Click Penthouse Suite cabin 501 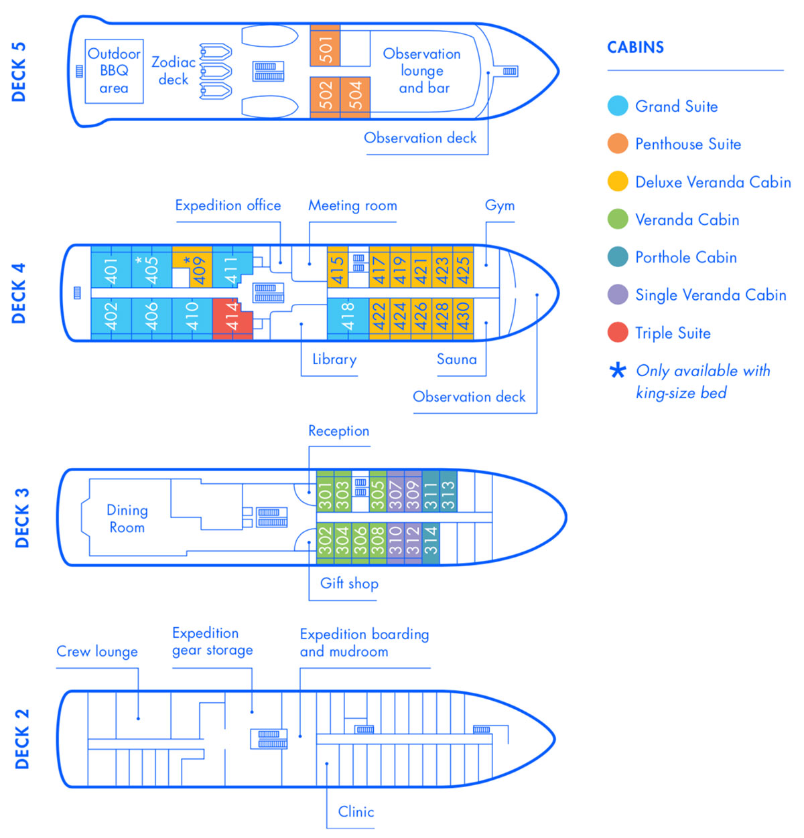[325, 46]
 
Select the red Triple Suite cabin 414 [232, 319]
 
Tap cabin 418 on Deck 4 [348, 319]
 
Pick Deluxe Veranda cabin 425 [462, 267]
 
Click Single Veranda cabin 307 [395, 491]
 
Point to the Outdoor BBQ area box [114, 71]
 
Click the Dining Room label [127, 519]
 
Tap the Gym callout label [500, 205]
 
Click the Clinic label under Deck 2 [356, 811]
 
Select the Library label [334, 359]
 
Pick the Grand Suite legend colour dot [617, 106]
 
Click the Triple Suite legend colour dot [617, 333]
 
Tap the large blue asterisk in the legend [618, 370]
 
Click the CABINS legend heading [635, 48]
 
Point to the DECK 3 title [21, 517]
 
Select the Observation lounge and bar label [422, 71]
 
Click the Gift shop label [349, 583]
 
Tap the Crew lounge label [97, 651]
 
